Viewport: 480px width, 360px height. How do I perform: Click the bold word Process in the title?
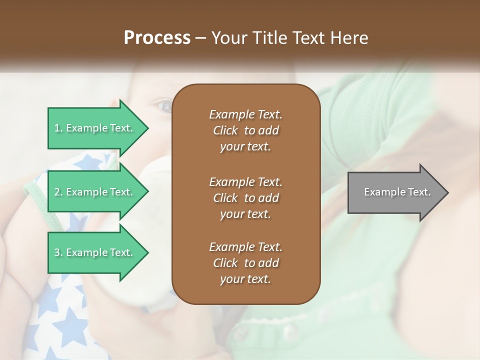click(157, 38)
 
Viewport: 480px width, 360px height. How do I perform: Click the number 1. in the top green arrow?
click(58, 128)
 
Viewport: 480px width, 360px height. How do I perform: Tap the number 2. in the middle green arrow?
click(58, 192)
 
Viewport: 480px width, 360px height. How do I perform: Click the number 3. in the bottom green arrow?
click(58, 252)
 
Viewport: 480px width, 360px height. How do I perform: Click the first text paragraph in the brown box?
click(245, 130)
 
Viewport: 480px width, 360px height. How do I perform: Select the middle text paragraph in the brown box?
click(245, 198)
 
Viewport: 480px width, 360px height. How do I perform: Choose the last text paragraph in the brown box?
click(245, 263)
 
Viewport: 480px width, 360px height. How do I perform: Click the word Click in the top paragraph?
click(225, 130)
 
